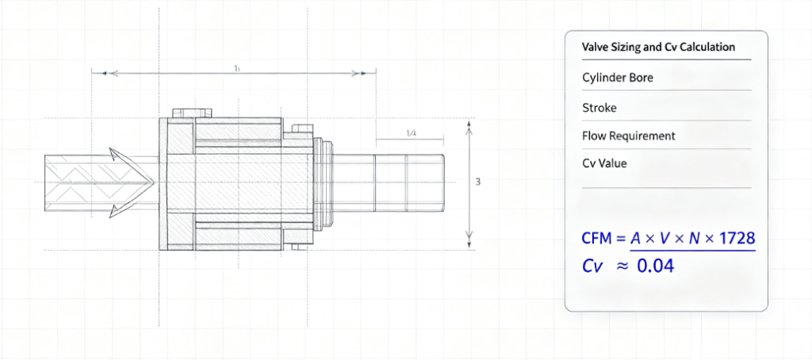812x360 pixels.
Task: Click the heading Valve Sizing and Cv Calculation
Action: coord(659,47)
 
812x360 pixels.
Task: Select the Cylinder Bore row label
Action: coord(618,78)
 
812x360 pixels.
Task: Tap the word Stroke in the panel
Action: coord(599,108)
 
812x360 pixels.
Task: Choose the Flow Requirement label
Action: coord(629,136)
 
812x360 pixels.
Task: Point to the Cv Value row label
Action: coord(605,163)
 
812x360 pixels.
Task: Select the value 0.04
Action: coord(655,266)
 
